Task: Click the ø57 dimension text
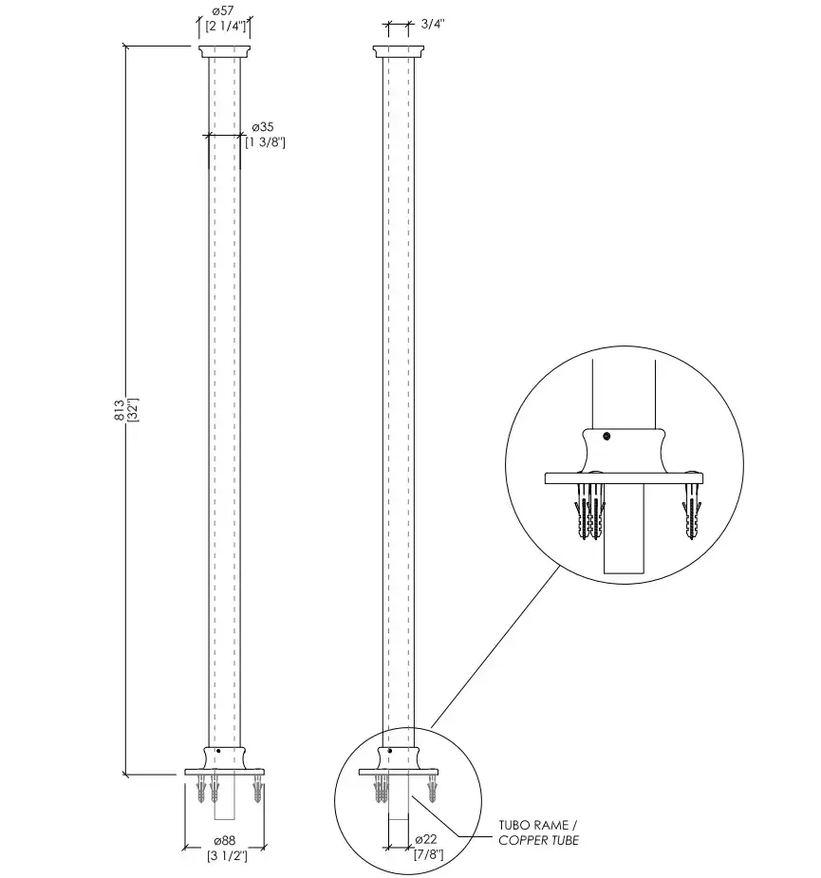click(223, 10)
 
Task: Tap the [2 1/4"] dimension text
click(226, 26)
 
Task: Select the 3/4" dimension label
click(433, 24)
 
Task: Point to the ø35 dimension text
click(263, 126)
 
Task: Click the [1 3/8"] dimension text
click(266, 142)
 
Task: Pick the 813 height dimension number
click(120, 410)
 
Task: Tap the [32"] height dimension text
click(133, 409)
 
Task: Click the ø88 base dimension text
click(225, 840)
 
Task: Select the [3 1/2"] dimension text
click(228, 855)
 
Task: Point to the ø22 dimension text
click(426, 839)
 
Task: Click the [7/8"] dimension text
click(428, 854)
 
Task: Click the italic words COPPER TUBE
click(539, 840)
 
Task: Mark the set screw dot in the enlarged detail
click(606, 437)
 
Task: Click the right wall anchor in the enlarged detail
click(692, 511)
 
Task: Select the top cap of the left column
click(224, 51)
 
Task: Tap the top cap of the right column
click(399, 51)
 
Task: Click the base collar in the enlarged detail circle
click(624, 451)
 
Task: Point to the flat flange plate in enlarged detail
click(624, 478)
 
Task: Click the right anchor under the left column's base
click(257, 789)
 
